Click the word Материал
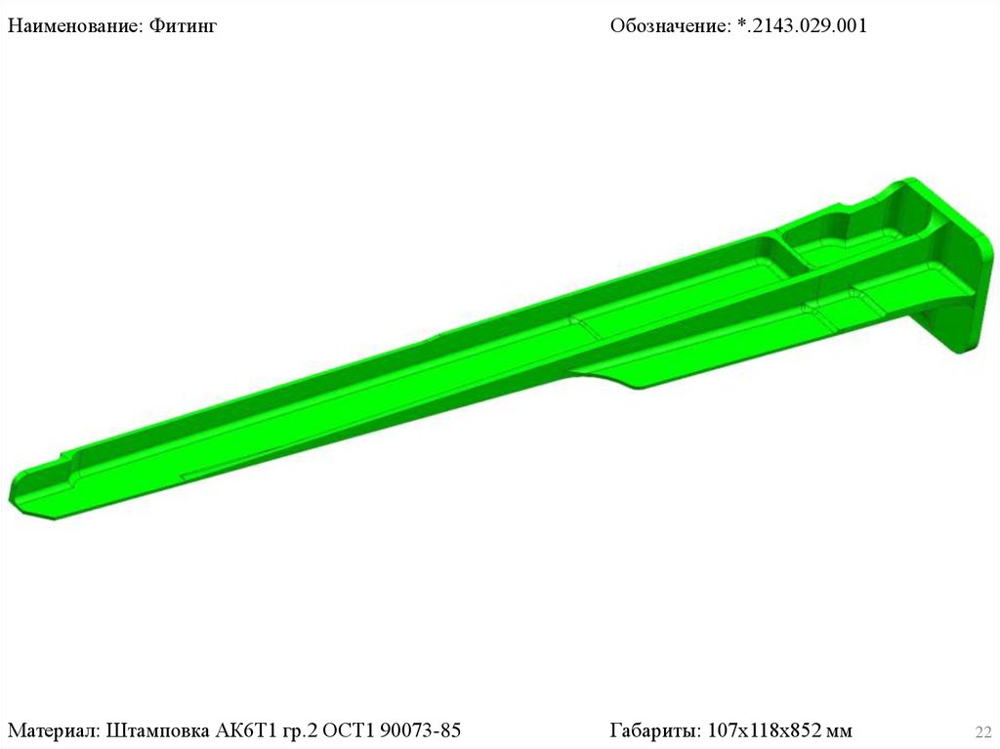[54, 729]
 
